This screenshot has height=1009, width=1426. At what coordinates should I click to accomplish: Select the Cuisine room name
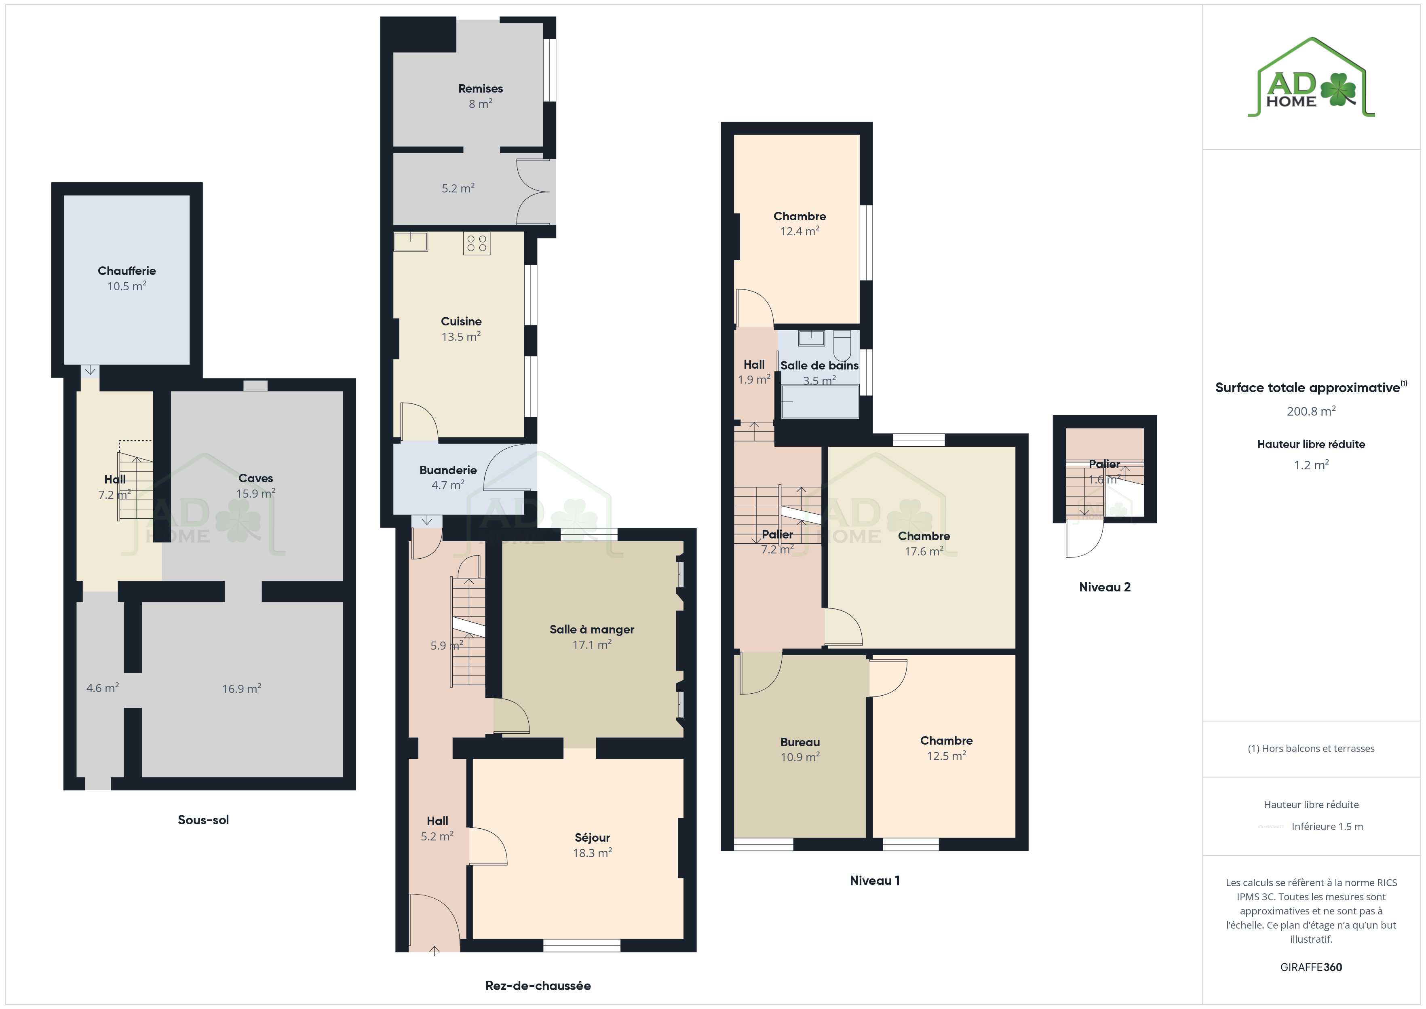[x=461, y=321]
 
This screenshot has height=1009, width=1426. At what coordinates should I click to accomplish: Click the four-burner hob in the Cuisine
[x=477, y=243]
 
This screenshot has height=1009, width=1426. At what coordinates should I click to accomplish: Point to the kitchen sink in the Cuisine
[x=411, y=242]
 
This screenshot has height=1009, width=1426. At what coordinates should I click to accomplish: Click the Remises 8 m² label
[x=480, y=96]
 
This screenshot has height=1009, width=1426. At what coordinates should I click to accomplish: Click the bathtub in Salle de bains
[x=820, y=401]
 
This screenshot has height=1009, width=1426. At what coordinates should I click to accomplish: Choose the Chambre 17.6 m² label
[x=924, y=544]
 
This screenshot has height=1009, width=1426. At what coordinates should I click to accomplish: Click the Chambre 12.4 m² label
[x=799, y=224]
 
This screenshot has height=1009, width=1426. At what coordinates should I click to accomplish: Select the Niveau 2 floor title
[x=1104, y=587]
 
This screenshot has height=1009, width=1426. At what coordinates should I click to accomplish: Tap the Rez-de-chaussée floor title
[x=538, y=986]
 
